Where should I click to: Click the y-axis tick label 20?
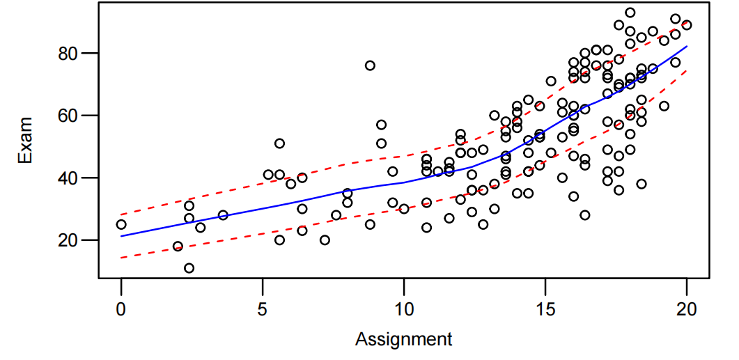coord(75,240)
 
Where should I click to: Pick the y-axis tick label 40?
coord(75,178)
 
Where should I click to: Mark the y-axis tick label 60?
coord(75,116)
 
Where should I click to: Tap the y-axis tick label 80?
coord(75,54)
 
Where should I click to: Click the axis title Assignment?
coord(403,340)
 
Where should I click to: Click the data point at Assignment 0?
coord(121,224)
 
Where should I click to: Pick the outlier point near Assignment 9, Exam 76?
coord(370,65)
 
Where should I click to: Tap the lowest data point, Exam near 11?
coord(189,268)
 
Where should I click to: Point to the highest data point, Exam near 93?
coord(630,13)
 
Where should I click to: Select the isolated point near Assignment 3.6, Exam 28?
coord(223,215)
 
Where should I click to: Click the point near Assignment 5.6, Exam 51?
coord(279,143)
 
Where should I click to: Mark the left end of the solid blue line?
coord(121,236)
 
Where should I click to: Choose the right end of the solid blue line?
coord(687,47)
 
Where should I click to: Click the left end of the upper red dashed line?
coord(121,214)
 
